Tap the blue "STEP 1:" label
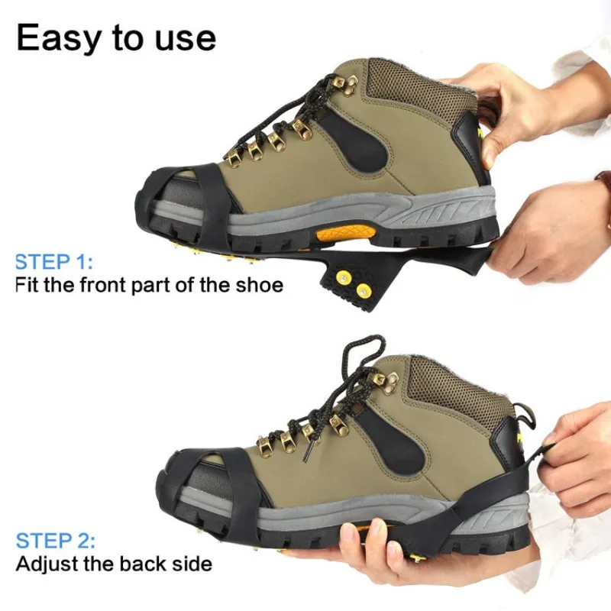(53, 262)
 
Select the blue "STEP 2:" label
(55, 541)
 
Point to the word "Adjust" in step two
(50, 565)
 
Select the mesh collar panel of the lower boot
(451, 390)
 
